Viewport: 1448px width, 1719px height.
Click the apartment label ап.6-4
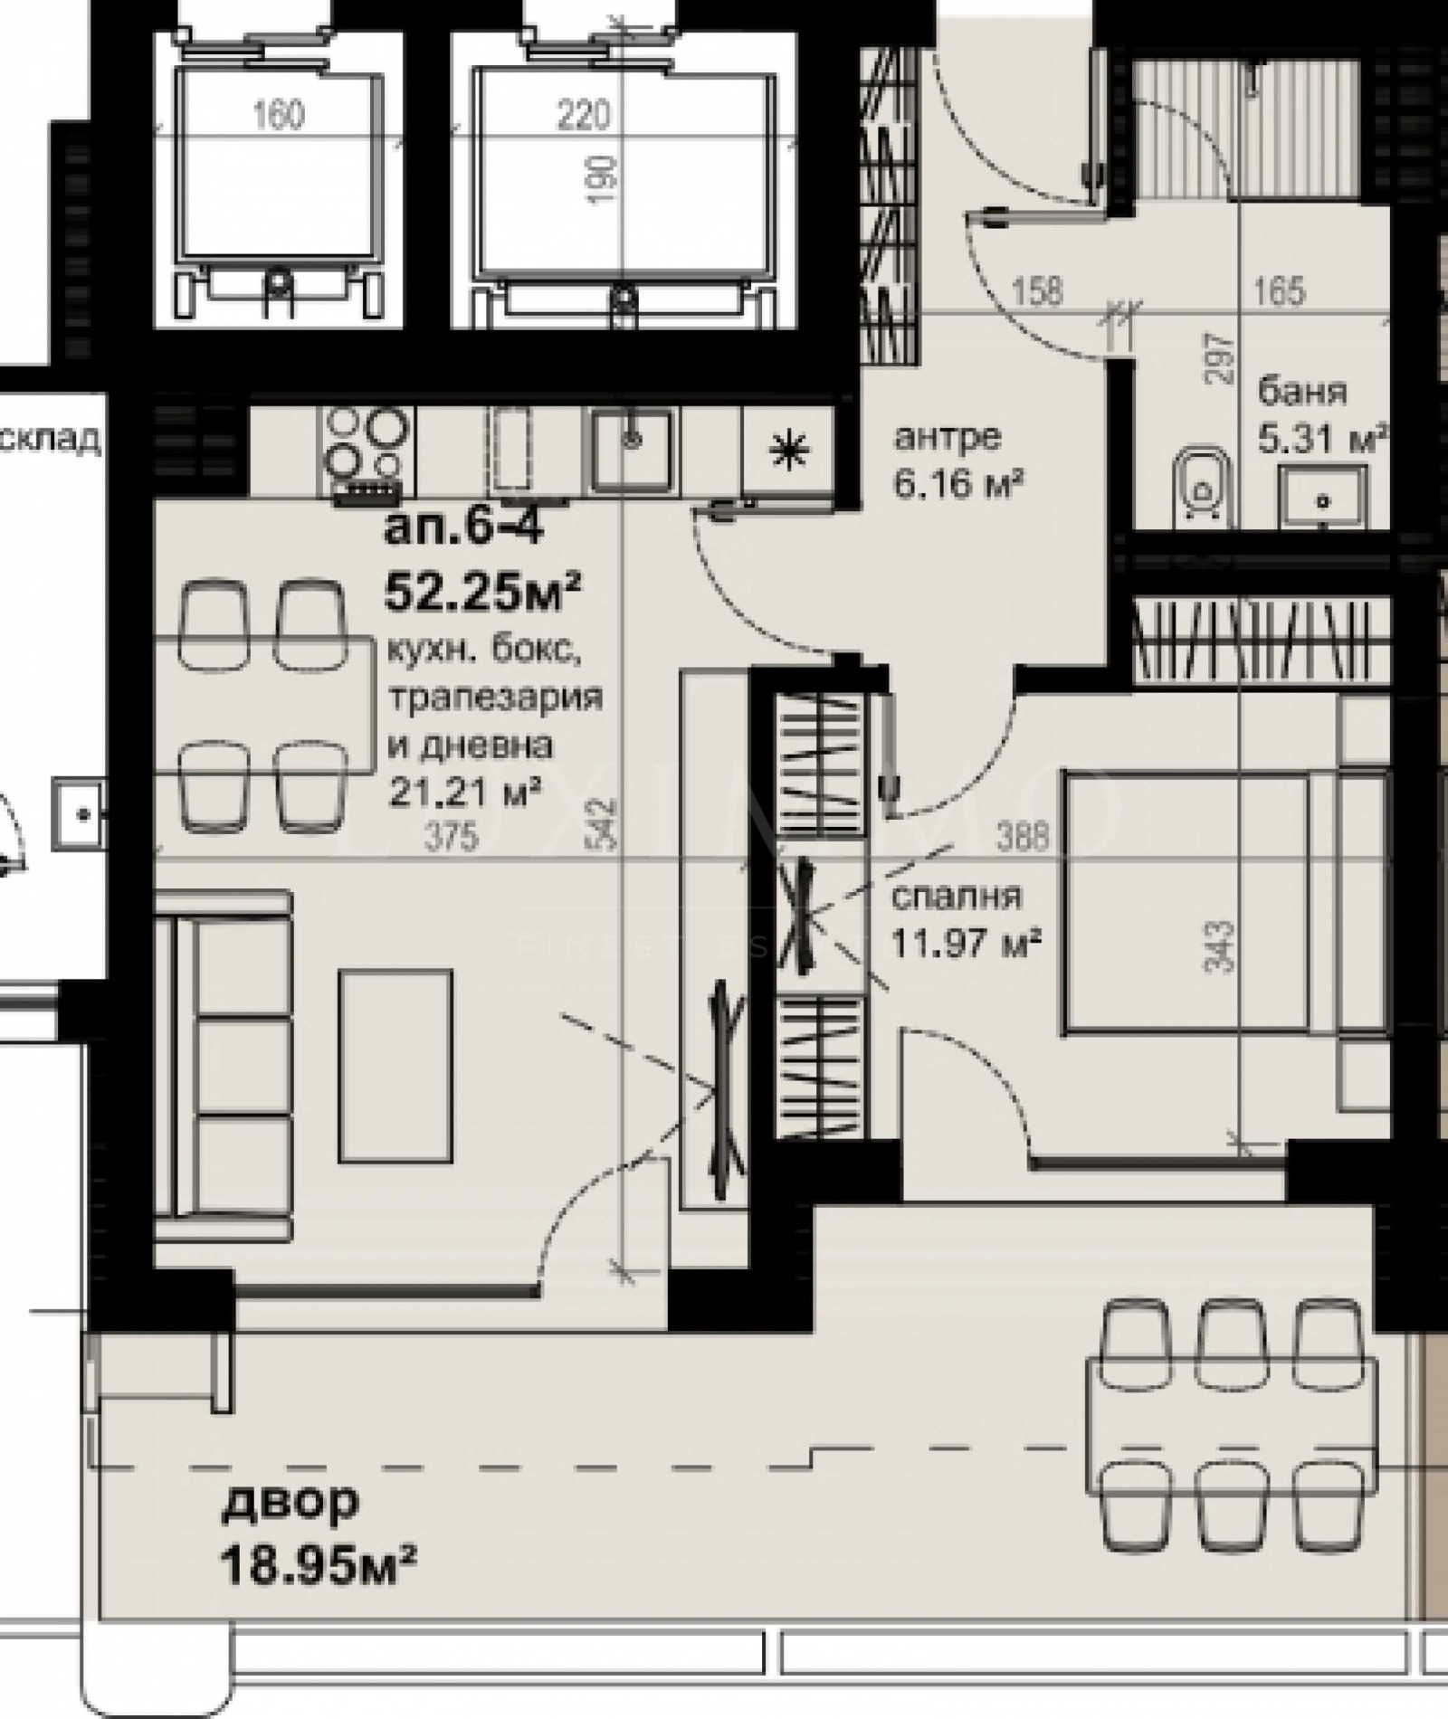point(464,528)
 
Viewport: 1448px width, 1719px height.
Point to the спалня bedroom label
point(957,897)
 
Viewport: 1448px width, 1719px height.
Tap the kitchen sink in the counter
point(633,443)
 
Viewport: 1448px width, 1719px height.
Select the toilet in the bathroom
point(1202,489)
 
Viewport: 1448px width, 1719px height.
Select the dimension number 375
point(451,837)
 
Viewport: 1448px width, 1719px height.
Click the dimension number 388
point(1024,835)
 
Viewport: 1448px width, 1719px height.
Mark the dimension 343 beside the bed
point(1221,946)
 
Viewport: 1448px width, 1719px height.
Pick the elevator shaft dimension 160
point(279,115)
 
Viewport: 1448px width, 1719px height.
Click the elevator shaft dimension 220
point(583,115)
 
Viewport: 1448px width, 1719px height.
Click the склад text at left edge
point(50,440)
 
